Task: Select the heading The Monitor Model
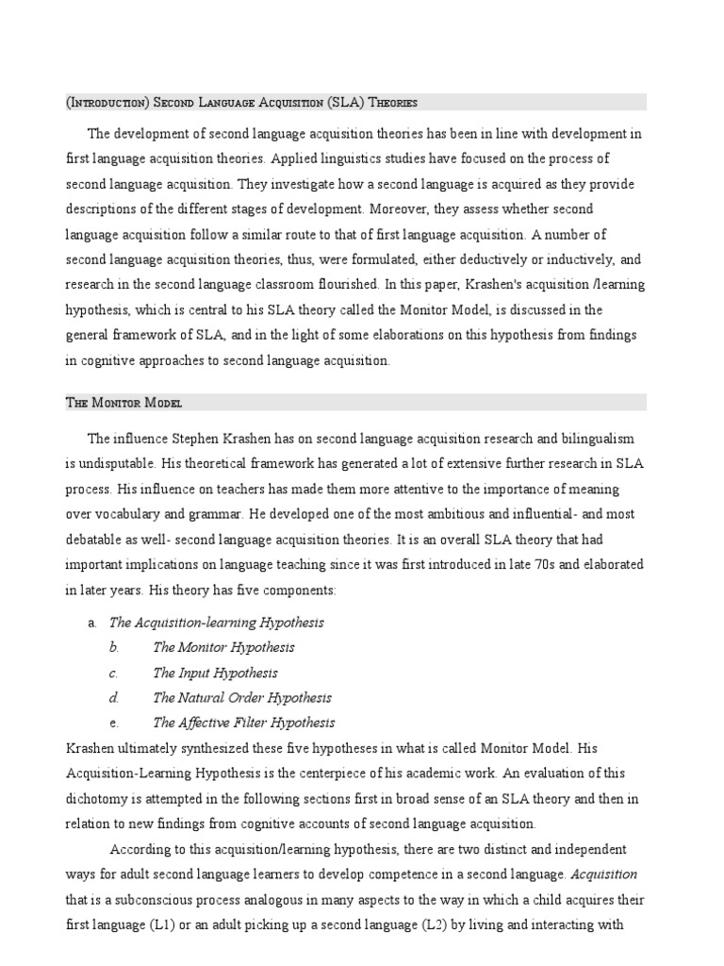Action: pyautogui.click(x=123, y=403)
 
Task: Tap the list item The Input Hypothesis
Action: pyautogui.click(x=215, y=673)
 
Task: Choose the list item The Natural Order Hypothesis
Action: pyautogui.click(x=241, y=698)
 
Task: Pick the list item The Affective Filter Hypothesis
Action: pyautogui.click(x=243, y=723)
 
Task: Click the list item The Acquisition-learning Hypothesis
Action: pyautogui.click(x=217, y=622)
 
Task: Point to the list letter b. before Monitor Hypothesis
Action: pyautogui.click(x=114, y=647)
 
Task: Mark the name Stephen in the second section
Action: pyautogui.click(x=186, y=439)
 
